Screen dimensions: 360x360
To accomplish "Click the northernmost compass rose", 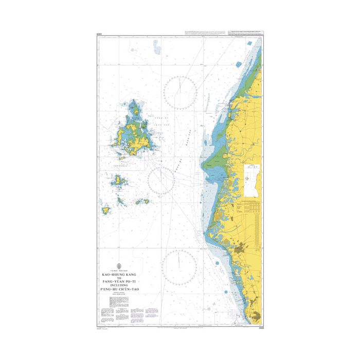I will pyautogui.click(x=179, y=92).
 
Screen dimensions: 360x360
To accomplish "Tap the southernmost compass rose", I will pyautogui.click(x=178, y=266).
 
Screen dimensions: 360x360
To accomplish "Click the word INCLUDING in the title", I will pyautogui.click(x=120, y=286).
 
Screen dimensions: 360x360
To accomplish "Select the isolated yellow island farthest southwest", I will pyautogui.click(x=106, y=210).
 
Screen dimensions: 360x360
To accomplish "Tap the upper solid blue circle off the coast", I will pyautogui.click(x=238, y=65).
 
